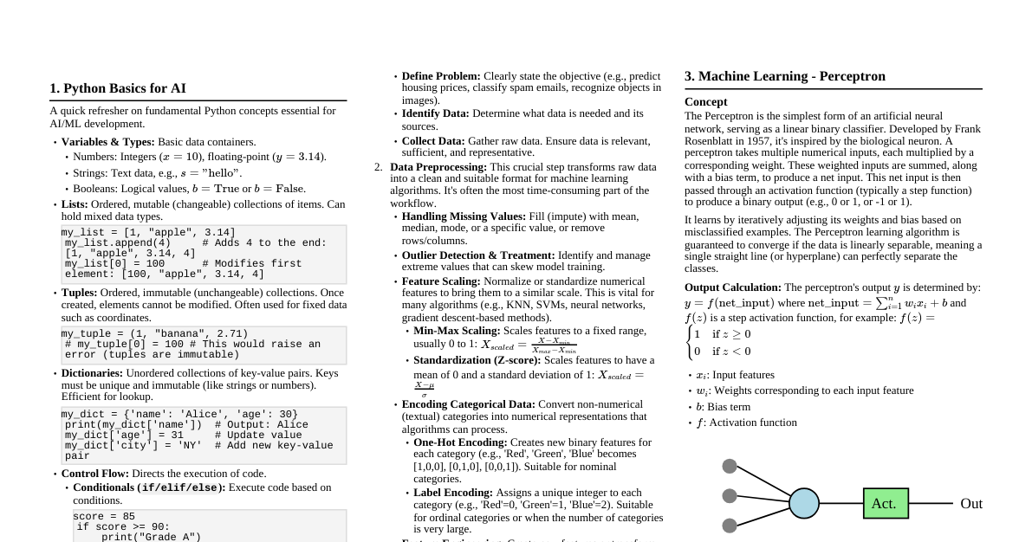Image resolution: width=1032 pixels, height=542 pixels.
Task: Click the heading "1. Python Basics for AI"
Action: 118,88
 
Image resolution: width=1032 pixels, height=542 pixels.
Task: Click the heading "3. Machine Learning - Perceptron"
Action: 785,76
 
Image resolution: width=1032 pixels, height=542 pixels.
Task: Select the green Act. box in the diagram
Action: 885,503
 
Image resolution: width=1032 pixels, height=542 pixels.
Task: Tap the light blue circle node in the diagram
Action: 804,503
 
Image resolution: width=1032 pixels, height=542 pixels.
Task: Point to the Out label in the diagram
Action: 970,503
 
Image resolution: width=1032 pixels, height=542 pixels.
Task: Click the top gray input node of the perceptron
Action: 730,467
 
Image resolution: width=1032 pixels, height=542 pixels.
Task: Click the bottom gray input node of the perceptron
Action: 730,526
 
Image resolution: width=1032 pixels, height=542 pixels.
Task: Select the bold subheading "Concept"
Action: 705,102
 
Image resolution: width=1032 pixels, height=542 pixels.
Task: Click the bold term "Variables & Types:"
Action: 107,142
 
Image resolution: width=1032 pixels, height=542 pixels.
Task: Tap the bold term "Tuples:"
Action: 79,293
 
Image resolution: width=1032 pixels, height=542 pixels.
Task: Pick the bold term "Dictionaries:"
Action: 92,373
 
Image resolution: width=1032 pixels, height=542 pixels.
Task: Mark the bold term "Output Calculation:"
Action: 733,287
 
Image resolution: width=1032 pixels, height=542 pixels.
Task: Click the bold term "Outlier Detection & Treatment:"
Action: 478,255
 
